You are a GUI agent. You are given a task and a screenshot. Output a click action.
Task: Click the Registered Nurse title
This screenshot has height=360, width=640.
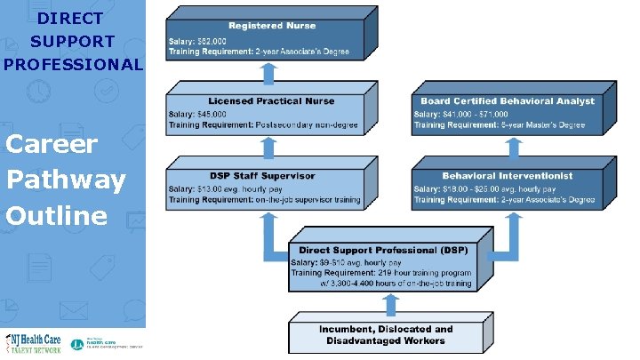(272, 26)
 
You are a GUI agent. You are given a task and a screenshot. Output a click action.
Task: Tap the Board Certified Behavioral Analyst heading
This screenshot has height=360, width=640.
(508, 101)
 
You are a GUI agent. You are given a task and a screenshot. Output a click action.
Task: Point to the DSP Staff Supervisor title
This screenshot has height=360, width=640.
(264, 176)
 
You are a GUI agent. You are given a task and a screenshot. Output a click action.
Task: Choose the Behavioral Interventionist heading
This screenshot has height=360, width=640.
(507, 176)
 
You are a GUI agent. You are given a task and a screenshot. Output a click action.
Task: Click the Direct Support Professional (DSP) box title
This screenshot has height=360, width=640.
(383, 252)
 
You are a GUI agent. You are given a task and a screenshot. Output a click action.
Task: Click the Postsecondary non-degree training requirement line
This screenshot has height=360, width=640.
(263, 125)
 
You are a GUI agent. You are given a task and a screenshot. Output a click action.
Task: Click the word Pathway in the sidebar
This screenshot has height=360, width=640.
(66, 180)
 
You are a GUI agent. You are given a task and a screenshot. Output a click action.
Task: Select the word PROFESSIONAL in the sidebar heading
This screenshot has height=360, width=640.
(73, 64)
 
